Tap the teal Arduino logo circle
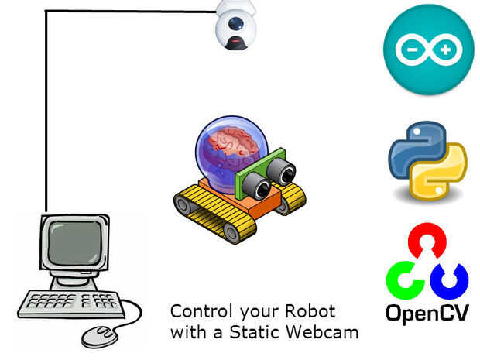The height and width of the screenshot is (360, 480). tap(428, 49)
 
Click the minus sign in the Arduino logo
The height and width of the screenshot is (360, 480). tap(410, 50)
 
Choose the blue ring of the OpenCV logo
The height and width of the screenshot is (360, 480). tap(449, 282)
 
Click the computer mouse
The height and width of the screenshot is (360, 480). tap(99, 335)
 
